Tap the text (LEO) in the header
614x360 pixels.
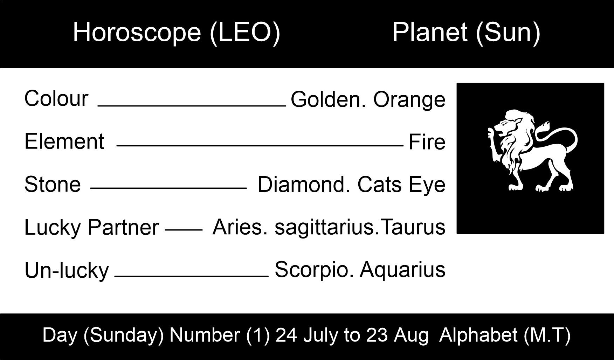(245, 33)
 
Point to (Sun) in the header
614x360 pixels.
(508, 33)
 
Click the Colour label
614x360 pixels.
(56, 98)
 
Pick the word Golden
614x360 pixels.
(329, 99)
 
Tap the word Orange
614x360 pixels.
(409, 100)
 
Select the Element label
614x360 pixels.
(64, 141)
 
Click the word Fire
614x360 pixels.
(427, 142)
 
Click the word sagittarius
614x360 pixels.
(324, 227)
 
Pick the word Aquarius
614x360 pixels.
(402, 270)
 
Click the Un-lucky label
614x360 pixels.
(67, 271)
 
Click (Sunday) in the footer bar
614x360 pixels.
(123, 335)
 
